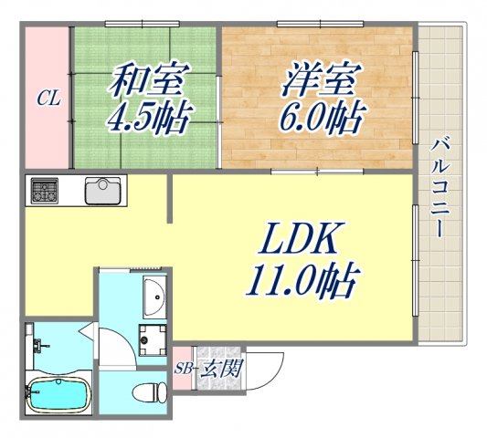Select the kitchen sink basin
pos(101,192)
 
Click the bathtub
pos(57,393)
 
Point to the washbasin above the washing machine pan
pos(154,295)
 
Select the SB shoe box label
pos(183,369)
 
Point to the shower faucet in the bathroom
pos(38,345)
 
